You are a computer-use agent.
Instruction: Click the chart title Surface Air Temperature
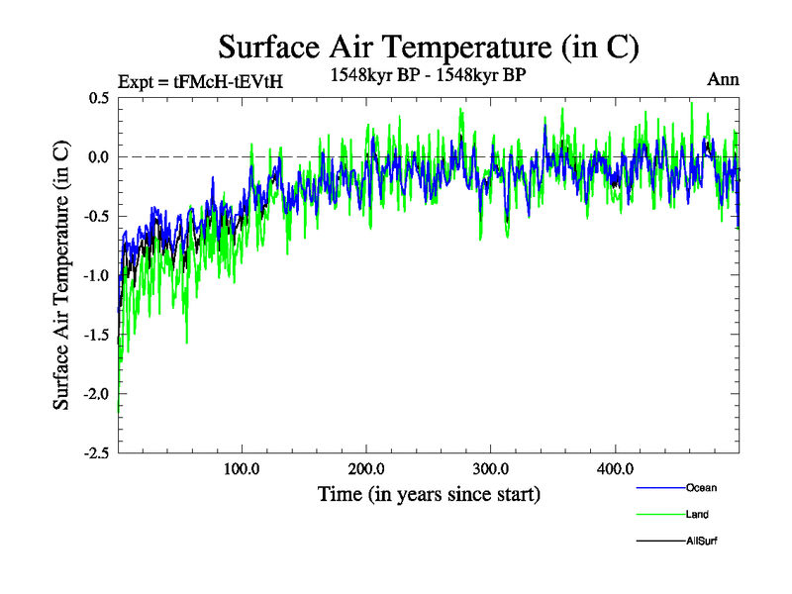point(429,47)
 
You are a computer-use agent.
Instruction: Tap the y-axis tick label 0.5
point(97,98)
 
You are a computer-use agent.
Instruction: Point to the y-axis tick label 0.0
point(97,157)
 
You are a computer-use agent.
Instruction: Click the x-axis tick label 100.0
point(243,469)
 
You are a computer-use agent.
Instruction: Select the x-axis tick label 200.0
point(366,469)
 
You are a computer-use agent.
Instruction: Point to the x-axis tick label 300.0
point(491,469)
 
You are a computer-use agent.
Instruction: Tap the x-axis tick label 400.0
point(615,469)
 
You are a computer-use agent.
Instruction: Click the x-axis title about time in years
point(429,493)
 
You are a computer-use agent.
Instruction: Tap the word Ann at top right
point(723,80)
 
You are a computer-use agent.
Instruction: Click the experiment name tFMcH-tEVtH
point(229,82)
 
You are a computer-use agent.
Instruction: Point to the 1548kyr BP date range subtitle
point(429,73)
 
